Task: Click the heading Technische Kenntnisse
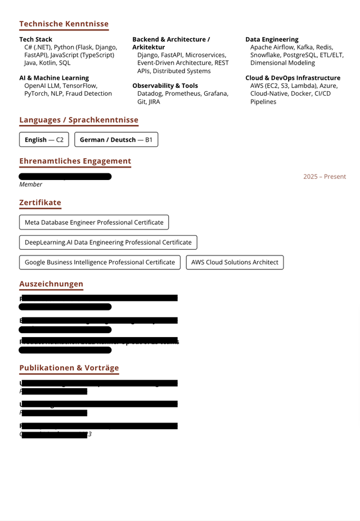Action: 64,24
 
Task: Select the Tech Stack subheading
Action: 35,39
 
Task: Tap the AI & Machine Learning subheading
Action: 54,78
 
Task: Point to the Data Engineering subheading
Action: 272,39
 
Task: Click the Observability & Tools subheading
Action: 165,86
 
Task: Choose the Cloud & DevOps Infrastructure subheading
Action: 292,78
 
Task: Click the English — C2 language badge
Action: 44,140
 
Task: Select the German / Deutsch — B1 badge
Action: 116,140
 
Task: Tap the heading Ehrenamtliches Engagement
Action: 75,161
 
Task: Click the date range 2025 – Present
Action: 325,177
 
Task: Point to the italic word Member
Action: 30,185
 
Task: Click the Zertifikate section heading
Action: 40,203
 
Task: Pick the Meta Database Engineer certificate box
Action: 94,222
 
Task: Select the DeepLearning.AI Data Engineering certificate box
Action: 108,242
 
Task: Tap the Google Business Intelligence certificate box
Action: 100,262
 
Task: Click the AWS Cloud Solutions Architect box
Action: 235,262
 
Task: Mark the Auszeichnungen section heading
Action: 51,284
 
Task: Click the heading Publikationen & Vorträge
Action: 69,368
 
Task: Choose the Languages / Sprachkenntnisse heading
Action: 78,120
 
